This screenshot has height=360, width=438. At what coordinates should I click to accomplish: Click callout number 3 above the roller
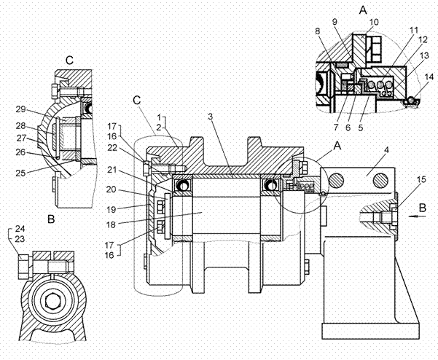(211, 117)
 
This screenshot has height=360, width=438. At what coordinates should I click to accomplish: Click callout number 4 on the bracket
(386, 150)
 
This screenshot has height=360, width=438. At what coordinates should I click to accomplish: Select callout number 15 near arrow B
(421, 179)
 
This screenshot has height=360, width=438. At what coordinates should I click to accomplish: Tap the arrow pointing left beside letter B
(417, 216)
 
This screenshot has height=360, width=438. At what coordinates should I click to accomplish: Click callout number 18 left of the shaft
(111, 224)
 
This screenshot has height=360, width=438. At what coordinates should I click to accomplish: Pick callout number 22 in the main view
(112, 147)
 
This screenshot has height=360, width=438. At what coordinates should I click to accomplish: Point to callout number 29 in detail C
(20, 109)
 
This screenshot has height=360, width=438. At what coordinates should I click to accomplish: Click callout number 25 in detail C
(20, 173)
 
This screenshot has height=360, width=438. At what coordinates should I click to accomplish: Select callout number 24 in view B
(20, 229)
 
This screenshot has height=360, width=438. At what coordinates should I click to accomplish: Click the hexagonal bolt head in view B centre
(52, 301)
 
